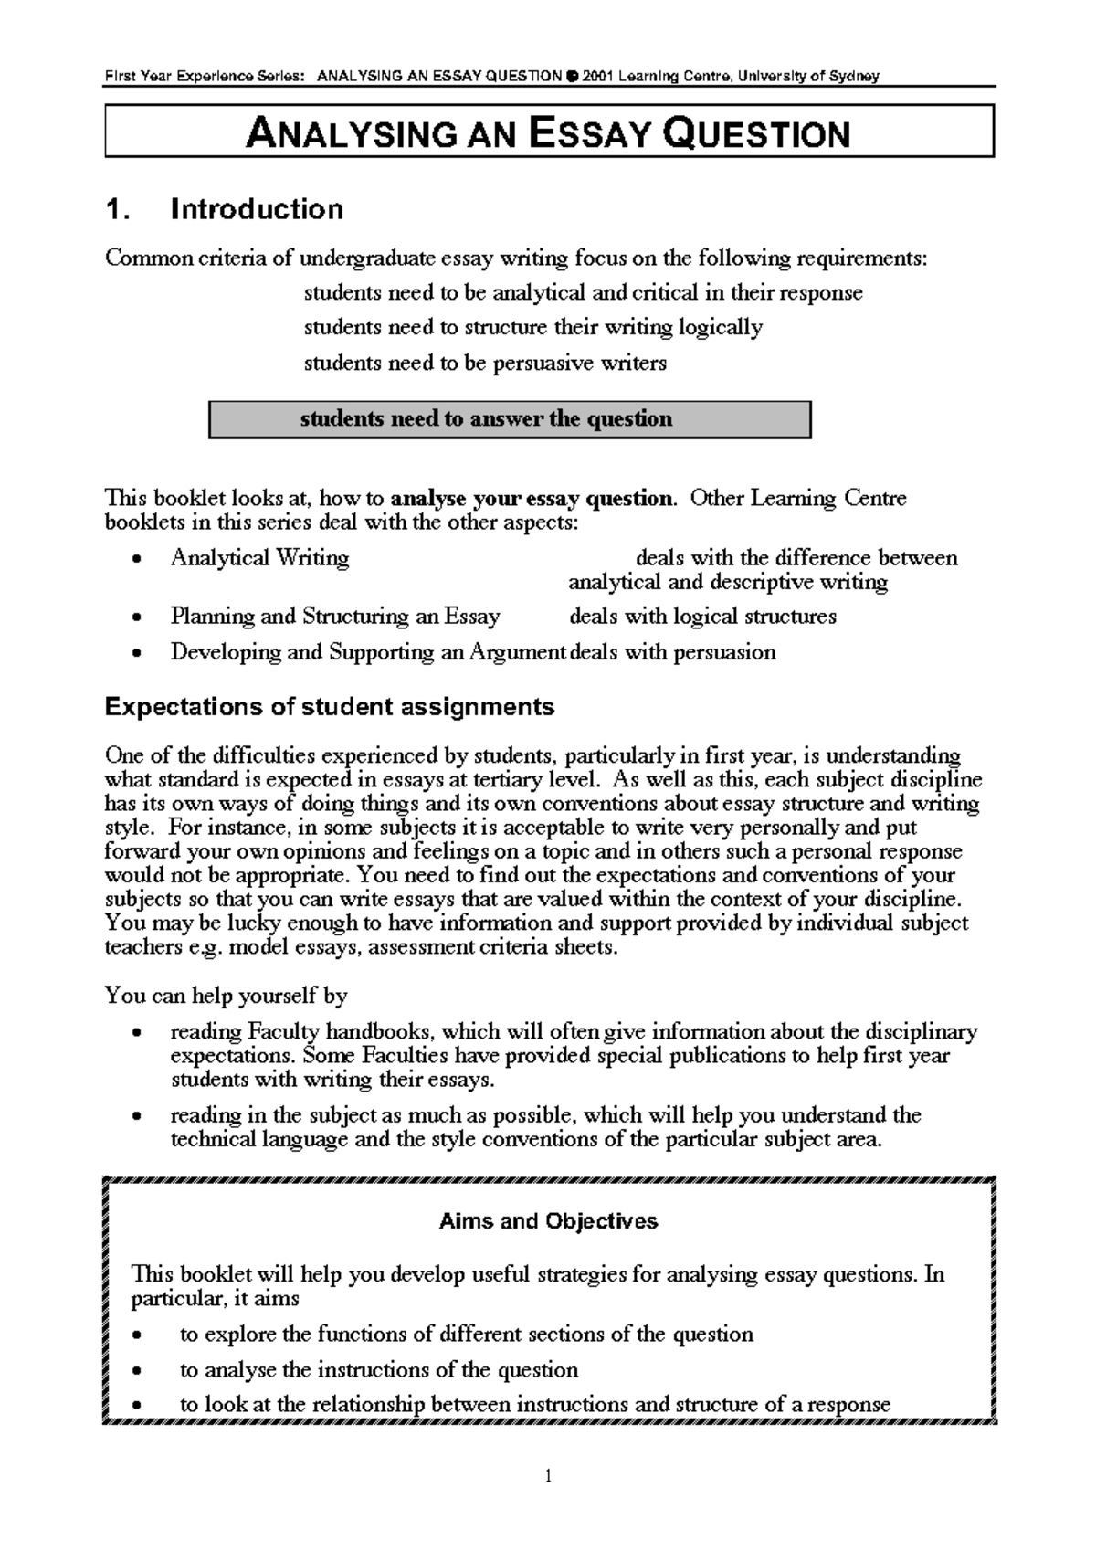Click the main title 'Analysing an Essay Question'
click(x=548, y=133)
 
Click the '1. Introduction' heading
click(x=225, y=209)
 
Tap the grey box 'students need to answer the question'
click(x=510, y=419)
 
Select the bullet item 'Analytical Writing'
click(x=259, y=558)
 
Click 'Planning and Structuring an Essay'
click(x=334, y=617)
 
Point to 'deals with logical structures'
click(x=702, y=617)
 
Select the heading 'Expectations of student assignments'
click(x=330, y=707)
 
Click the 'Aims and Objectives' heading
click(x=548, y=1221)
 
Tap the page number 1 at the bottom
click(x=548, y=1476)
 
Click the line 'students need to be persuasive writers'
click(x=485, y=364)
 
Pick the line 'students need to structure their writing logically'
click(x=532, y=328)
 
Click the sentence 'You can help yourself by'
click(x=227, y=996)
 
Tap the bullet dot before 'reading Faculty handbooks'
click(x=136, y=1034)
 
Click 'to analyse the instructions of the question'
click(x=379, y=1370)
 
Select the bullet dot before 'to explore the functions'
click(x=136, y=1336)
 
